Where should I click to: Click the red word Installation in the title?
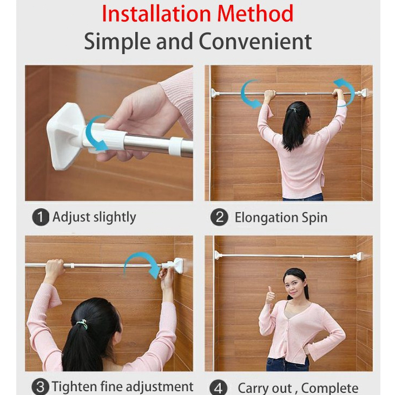pos(156,14)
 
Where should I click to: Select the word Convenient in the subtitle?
pos(255,41)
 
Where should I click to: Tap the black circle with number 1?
pos(40,218)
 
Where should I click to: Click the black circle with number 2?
pos(219,218)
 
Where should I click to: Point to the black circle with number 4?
pos(218,388)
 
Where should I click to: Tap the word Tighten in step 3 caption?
pos(74,387)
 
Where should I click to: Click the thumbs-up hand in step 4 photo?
pos(270,295)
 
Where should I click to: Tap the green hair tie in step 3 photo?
pos(83,324)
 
